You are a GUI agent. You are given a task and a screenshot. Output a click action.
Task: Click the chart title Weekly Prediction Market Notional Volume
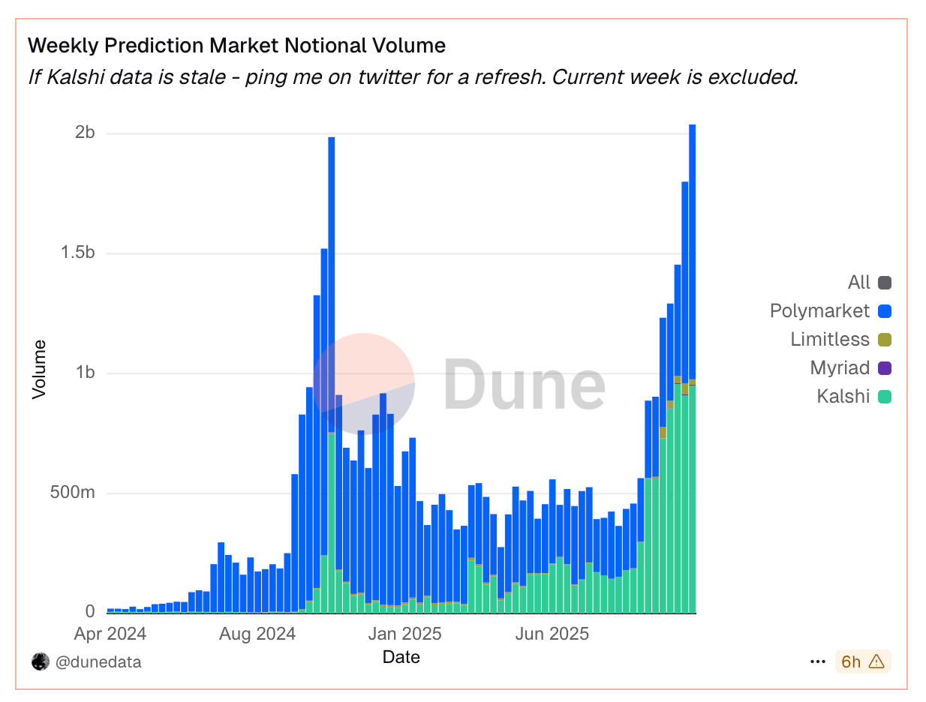[x=236, y=46]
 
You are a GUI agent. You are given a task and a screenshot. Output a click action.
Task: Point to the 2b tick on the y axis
[x=85, y=133]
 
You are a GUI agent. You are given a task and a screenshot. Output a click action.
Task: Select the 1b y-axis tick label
[x=85, y=373]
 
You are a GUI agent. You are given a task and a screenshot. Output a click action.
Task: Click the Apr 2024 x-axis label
[x=110, y=634]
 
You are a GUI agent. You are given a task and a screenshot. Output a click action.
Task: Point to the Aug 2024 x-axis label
[x=257, y=634]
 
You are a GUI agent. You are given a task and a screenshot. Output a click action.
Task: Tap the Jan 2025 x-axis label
[x=404, y=634]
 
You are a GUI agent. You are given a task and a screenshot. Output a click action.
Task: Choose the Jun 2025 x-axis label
[x=552, y=634]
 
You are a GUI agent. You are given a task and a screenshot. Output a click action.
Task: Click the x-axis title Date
[x=401, y=658]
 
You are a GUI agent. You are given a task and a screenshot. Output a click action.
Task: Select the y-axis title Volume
[x=40, y=370]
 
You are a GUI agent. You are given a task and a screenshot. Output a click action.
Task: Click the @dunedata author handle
[x=98, y=662]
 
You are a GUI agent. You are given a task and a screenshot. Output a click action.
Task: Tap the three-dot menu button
[x=818, y=662]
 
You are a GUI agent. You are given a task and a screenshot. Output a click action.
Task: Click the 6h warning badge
[x=862, y=661]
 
